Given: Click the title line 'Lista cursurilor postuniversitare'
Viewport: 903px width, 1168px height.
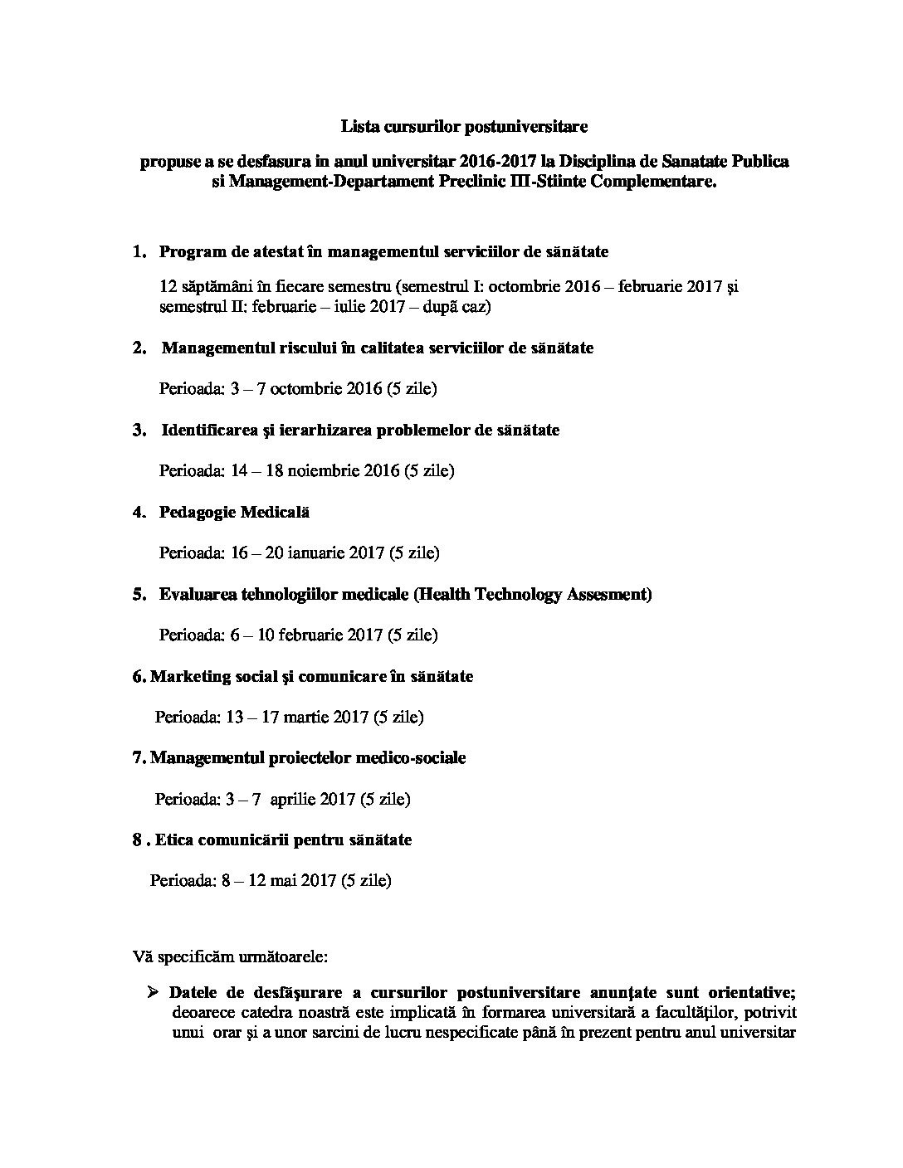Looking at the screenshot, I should (464, 127).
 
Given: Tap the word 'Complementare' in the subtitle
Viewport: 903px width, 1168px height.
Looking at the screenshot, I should (651, 182).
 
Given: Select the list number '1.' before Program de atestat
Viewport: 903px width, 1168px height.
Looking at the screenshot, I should (139, 252).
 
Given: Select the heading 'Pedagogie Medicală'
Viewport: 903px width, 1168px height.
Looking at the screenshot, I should (234, 513).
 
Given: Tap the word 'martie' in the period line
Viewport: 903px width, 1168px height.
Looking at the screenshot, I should (306, 718).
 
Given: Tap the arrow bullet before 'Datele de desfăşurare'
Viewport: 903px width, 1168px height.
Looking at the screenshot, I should (154, 992).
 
